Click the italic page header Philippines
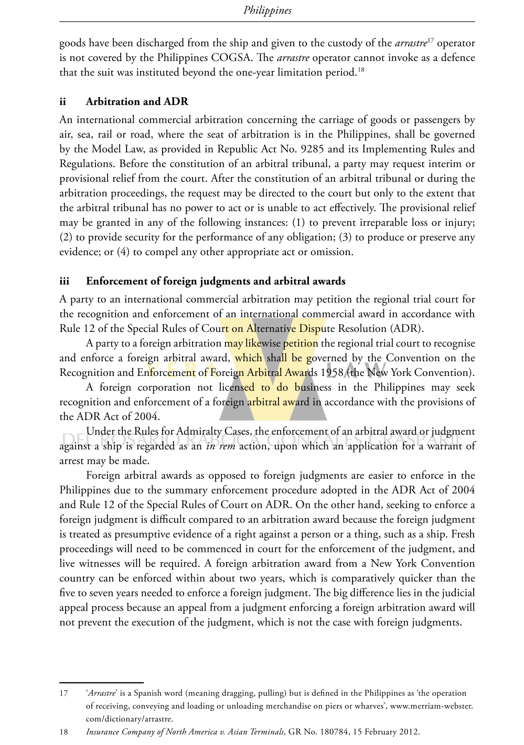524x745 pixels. (267, 10)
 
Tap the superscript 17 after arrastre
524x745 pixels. (430, 40)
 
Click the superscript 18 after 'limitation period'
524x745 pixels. (361, 69)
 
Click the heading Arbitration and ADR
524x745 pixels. (137, 101)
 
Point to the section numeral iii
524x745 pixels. (64, 281)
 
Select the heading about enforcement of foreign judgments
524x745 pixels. (216, 281)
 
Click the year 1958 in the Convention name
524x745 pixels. (332, 373)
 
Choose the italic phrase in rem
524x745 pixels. (220, 446)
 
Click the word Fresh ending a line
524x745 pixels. (463, 534)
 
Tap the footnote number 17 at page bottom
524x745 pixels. (64, 693)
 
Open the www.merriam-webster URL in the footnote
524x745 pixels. (431, 706)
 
